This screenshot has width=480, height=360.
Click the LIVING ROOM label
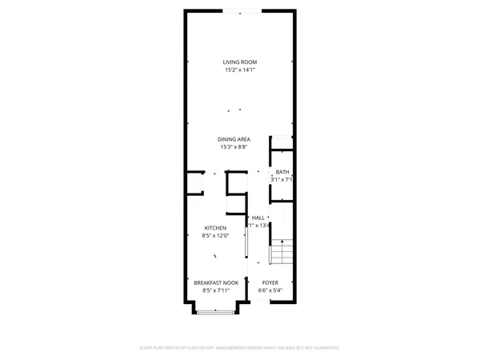click(240, 62)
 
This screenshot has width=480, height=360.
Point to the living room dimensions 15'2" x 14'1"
click(240, 70)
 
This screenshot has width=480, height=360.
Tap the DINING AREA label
click(240, 139)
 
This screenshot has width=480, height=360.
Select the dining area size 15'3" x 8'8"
click(240, 147)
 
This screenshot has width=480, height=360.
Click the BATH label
click(282, 172)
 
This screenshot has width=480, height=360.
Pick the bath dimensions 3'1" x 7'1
click(282, 180)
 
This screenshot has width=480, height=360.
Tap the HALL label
click(258, 218)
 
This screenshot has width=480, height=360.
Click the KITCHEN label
click(216, 228)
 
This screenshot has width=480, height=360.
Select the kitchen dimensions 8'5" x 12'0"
click(216, 236)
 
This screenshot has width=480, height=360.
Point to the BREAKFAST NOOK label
click(216, 282)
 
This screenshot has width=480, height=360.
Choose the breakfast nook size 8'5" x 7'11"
click(216, 290)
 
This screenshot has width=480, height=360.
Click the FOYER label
click(270, 282)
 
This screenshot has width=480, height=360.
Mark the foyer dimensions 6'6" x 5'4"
click(270, 290)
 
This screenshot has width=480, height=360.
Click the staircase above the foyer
click(282, 251)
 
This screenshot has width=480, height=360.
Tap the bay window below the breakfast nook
click(216, 312)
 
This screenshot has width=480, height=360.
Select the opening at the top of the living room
click(241, 10)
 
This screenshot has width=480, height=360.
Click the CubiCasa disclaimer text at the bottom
click(240, 348)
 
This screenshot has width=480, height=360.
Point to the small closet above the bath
click(282, 142)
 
